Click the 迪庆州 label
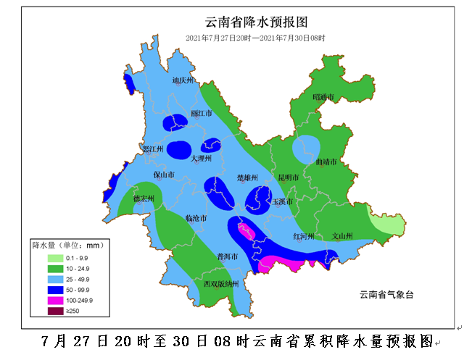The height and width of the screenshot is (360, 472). coord(183,81)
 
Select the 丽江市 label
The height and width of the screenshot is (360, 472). coord(201,114)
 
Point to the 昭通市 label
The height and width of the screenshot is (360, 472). coord(323,96)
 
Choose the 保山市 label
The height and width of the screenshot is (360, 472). coord(164,175)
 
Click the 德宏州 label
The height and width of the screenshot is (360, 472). coord(144,198)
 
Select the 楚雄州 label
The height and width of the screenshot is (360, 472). coord(247,177)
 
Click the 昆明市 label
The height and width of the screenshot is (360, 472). coord(289,177)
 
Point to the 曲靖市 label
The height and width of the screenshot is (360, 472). coord(326,162)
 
